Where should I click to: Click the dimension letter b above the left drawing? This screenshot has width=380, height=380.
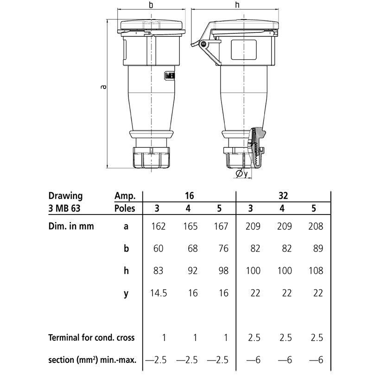coord(151,5)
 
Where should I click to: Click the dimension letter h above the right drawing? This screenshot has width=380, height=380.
coord(237,5)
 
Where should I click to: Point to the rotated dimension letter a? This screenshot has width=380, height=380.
coord(103,87)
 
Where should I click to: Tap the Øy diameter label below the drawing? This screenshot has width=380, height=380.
coord(242,173)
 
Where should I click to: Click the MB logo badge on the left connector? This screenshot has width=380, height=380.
coord(170,76)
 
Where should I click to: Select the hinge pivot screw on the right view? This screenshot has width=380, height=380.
coord(203,44)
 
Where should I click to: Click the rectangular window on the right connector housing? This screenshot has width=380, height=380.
coord(244,50)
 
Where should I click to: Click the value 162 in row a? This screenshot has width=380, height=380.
coord(158,226)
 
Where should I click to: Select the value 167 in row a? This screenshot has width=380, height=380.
coord(221,226)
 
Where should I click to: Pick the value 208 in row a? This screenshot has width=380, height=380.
coord(316,226)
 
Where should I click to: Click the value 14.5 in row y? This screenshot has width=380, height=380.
coord(158,293)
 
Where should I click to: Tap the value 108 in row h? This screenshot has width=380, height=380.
coord(316,271)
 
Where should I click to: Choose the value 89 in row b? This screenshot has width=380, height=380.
coord(318,248)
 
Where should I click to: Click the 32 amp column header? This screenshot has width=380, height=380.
coord(283,196)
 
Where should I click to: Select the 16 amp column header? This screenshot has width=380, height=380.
coord(189,196)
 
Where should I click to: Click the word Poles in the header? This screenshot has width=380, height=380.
coord(125,209)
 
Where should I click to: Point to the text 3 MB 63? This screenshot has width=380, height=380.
coord(64,209)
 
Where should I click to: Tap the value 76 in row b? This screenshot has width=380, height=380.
coord(223,248)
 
